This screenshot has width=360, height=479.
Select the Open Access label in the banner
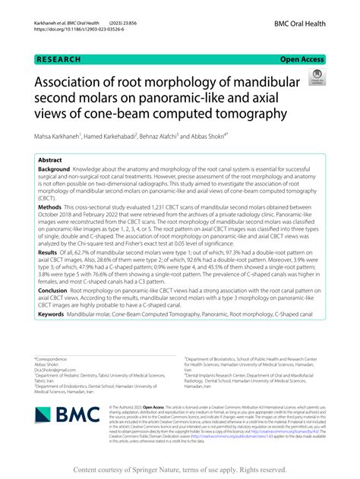coord(303,58)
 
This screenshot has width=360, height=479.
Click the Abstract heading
coord(51,161)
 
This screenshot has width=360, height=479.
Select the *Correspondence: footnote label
coord(53,359)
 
